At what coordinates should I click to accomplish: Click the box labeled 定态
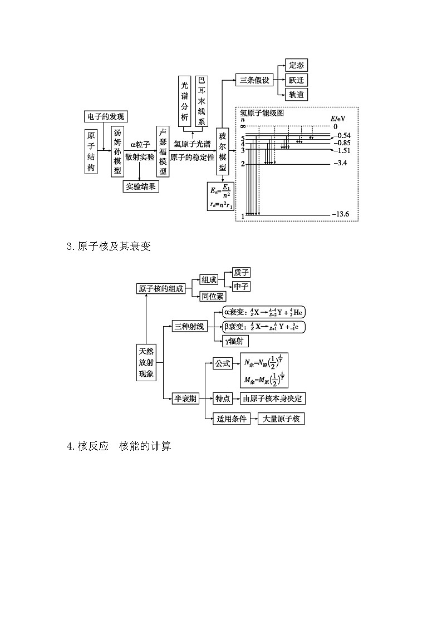(296, 66)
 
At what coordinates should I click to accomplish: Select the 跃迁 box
(296, 80)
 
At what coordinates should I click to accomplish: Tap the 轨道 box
(296, 95)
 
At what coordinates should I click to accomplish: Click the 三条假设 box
(254, 80)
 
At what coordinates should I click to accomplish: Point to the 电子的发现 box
(106, 116)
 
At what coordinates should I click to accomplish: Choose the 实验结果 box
(141, 186)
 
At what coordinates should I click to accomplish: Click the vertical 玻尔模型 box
(223, 152)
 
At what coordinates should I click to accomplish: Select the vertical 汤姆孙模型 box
(117, 151)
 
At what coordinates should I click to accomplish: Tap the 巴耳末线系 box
(202, 101)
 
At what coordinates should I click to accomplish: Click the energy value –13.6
(340, 215)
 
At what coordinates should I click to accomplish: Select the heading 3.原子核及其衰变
(109, 246)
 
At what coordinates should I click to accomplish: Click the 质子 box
(242, 272)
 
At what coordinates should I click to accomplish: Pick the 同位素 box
(213, 296)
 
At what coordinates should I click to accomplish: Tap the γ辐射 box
(235, 341)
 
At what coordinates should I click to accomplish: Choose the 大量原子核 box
(281, 419)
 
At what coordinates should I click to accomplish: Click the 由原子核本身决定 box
(273, 398)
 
